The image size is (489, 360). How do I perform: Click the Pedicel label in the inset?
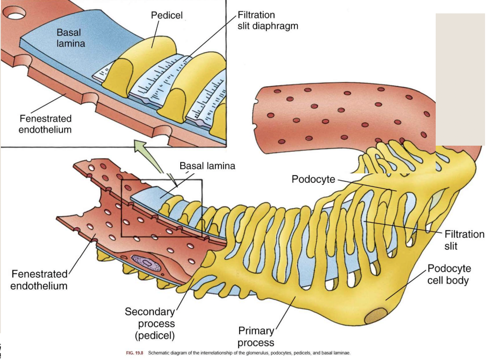pos(167,16)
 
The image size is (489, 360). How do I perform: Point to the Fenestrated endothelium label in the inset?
pos(45,124)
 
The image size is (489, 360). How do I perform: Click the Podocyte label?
pos(313,179)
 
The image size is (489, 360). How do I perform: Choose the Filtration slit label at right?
pos(464,240)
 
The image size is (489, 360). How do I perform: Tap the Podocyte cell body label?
pos(449,274)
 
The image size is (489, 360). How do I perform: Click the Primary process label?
pos(256,337)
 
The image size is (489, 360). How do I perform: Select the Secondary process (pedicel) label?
pos(150,324)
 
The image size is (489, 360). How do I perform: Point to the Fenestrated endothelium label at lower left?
pos(39,280)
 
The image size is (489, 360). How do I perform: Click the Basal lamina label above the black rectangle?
pos(207,166)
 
